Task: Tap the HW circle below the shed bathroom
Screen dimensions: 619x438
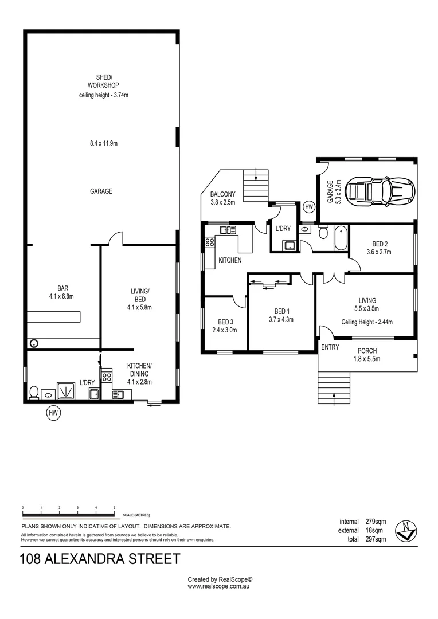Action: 54,412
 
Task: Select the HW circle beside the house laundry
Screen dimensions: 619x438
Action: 310,206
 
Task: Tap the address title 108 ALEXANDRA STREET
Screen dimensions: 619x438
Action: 100,558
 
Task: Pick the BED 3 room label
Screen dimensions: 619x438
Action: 225,322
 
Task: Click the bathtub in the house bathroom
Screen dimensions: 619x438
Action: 341,239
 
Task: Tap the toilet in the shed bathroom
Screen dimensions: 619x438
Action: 34,393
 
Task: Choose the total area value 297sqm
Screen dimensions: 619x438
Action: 376,539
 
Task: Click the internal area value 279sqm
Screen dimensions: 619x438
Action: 376,522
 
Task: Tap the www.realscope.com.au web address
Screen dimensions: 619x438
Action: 220,587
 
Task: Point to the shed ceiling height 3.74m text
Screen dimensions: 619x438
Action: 104,95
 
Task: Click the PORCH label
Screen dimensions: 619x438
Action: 367,351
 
